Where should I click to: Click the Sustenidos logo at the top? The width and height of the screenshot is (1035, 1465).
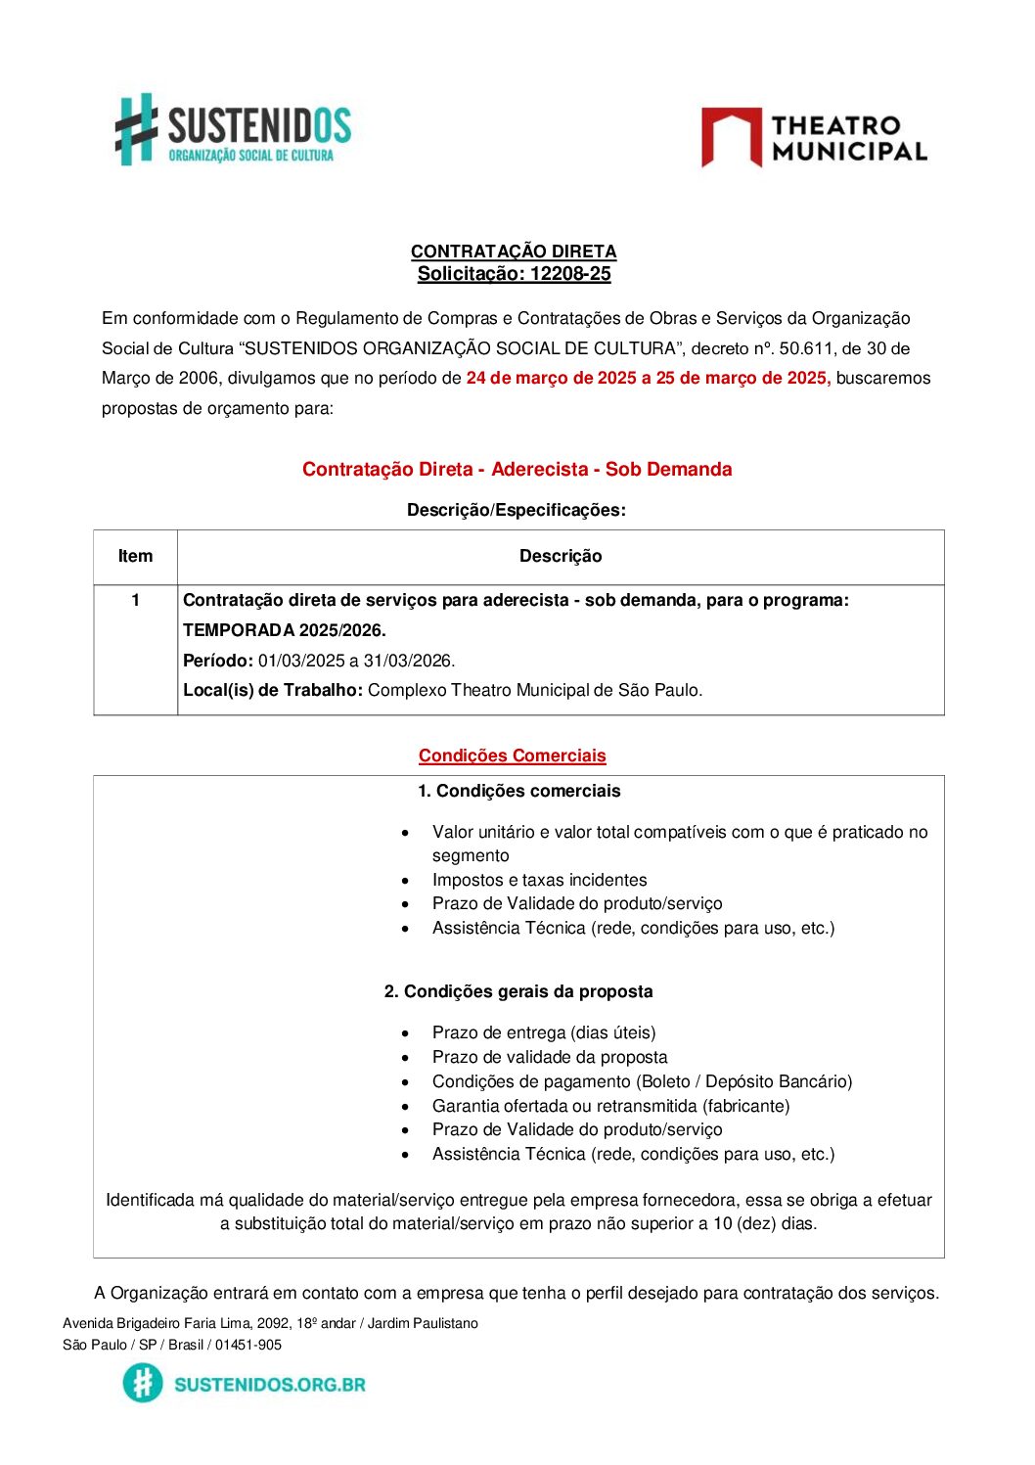(x=233, y=129)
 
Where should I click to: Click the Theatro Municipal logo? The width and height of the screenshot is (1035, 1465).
(x=814, y=138)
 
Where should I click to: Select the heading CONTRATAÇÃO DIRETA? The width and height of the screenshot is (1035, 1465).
(x=514, y=252)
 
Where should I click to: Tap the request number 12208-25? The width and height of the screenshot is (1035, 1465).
(x=570, y=274)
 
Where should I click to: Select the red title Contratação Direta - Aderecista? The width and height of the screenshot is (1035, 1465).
(x=517, y=469)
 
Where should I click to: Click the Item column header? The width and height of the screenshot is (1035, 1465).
(x=135, y=556)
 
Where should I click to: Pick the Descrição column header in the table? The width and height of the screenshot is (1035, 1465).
(x=561, y=556)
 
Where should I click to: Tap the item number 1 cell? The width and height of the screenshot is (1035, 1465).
(x=135, y=600)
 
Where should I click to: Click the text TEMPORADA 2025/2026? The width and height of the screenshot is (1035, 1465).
(x=285, y=630)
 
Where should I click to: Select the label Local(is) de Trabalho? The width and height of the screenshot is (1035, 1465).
(x=273, y=690)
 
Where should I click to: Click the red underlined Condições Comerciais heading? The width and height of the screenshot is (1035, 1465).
(x=513, y=755)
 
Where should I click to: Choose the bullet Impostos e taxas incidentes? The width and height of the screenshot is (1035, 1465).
(x=539, y=880)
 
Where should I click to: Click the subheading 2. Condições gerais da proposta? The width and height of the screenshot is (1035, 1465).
(x=518, y=991)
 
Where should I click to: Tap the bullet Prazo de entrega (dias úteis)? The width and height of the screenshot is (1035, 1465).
(x=544, y=1032)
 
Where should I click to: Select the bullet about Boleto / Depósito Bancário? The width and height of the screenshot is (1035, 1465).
(x=642, y=1081)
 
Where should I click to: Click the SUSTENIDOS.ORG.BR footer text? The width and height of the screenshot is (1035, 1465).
(x=270, y=1384)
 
